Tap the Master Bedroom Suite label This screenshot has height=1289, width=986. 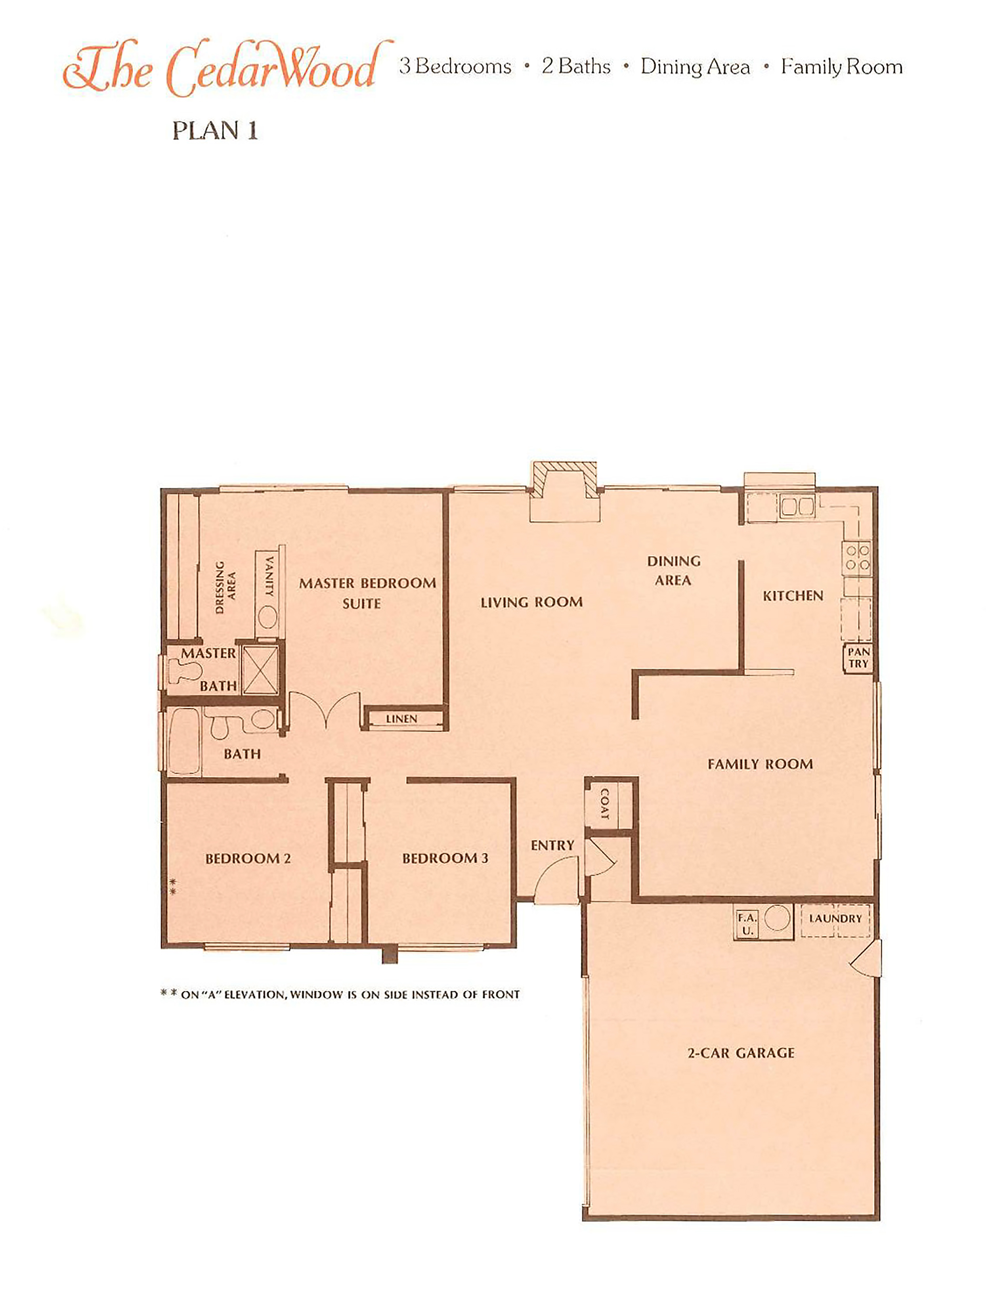coord(367,593)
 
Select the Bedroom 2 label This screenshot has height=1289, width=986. coord(248,859)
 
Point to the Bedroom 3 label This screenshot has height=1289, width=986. coord(445,859)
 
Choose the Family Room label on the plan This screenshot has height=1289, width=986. coord(760,764)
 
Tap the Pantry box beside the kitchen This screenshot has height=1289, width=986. coord(858,658)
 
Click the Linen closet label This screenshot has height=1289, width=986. coord(402,719)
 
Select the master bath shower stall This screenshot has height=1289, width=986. coord(260,670)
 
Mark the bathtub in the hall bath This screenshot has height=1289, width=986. coord(184,741)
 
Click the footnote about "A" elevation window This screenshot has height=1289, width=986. coord(340,995)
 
